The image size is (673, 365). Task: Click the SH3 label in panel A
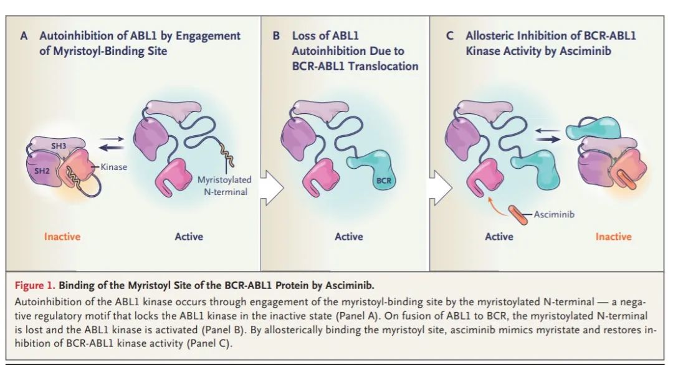pos(59,146)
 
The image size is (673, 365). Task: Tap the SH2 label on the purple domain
pos(42,171)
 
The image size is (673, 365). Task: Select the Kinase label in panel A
pos(114,167)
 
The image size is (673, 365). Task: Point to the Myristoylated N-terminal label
pos(224,185)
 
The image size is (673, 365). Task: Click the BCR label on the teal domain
pos(384,181)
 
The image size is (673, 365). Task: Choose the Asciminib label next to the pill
pos(554,214)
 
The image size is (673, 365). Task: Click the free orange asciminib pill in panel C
pos(518,215)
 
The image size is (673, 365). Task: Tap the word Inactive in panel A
pos(62,236)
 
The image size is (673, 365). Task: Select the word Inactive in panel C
pos(613,236)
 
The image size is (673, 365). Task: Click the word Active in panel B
pos(349,236)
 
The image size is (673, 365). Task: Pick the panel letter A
pos(24,36)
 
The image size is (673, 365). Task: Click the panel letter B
pos(277,36)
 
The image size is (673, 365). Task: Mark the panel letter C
pos(450,36)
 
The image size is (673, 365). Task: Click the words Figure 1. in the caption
pos(35,286)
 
